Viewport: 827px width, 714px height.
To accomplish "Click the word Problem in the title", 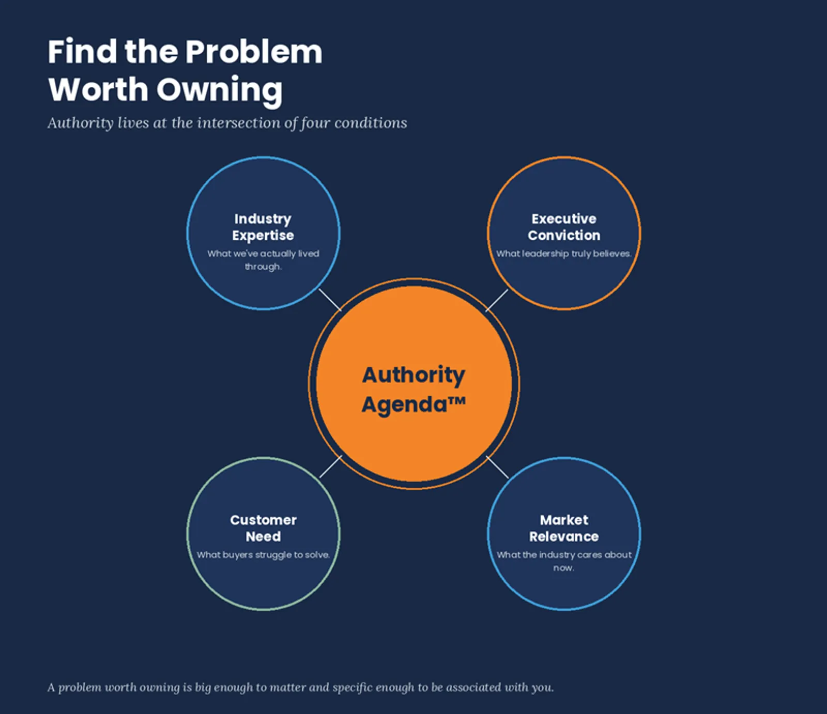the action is [x=253, y=52].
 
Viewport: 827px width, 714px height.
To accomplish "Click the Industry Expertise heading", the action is [x=263, y=227].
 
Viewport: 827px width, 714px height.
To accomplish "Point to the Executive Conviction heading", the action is [x=564, y=227].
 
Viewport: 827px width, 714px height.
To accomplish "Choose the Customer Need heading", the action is [x=264, y=528].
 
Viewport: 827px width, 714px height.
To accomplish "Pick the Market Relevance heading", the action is [x=564, y=528].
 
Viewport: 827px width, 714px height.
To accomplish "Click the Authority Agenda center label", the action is [x=413, y=390].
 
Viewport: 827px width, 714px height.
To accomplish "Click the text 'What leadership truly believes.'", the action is [x=564, y=254].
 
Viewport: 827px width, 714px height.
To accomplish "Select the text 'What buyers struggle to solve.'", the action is [x=263, y=555].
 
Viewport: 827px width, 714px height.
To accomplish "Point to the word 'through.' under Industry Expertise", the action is [x=263, y=267].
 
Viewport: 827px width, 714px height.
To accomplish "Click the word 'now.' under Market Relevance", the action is [x=564, y=568].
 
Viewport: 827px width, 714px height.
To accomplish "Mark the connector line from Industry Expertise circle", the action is [x=330, y=300].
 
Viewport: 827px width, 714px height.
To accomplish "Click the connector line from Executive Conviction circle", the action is [x=497, y=300].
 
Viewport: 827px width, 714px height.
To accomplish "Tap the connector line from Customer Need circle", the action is [x=331, y=466].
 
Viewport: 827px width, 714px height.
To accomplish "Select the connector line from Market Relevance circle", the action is [x=497, y=467].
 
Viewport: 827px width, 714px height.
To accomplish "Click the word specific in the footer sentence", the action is [x=352, y=688].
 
